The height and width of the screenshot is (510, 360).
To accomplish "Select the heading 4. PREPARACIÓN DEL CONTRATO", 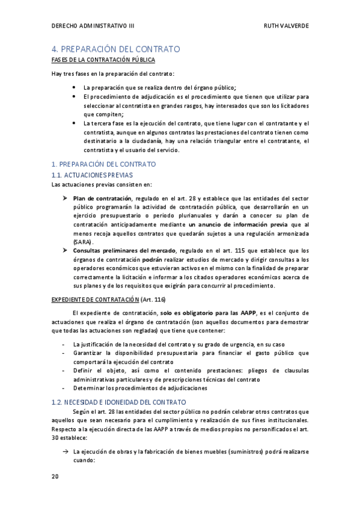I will pyautogui.click(x=116, y=49).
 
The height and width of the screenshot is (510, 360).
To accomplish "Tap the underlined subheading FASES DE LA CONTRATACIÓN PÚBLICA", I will pyautogui.click(x=103, y=60).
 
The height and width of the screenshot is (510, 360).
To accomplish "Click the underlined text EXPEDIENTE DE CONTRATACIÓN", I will pyautogui.click(x=94, y=299).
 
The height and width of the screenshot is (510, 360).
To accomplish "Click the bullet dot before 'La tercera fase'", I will pyautogui.click(x=74, y=123).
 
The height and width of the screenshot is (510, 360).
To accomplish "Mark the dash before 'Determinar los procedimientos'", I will pyautogui.click(x=64, y=388).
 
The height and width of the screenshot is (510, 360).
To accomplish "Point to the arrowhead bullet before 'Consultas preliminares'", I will pyautogui.click(x=66, y=251).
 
